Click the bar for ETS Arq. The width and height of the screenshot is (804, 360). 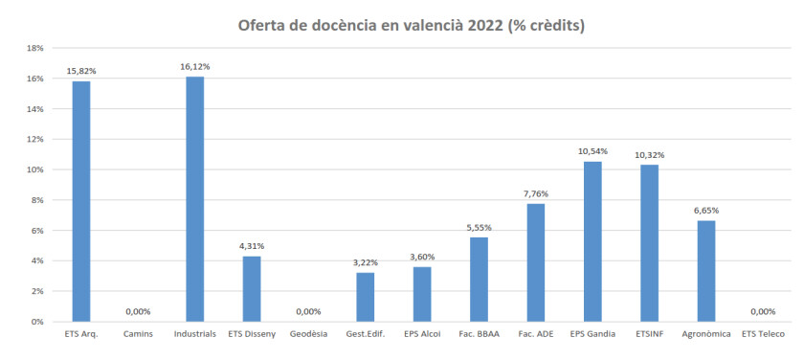coord(81,201)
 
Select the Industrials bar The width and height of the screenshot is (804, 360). coord(195,199)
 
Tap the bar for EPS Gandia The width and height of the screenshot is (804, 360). coord(592,241)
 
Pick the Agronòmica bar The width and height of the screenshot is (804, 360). coord(706,271)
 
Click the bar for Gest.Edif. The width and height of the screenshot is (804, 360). coord(365,297)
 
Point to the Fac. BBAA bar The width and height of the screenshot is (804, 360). coord(479,280)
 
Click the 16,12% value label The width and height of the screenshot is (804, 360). coord(195,67)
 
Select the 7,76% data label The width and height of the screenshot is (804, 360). coord(536,193)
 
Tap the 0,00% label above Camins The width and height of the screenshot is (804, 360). coord(138,311)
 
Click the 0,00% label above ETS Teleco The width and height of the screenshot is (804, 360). coord(763,311)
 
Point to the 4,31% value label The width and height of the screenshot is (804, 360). coord(252,246)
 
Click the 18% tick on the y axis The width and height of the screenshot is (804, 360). coord(38,48)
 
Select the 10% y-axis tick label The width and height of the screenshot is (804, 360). coord(38,169)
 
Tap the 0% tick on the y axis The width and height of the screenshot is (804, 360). coord(40,322)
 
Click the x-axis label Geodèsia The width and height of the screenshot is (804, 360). coord(308,335)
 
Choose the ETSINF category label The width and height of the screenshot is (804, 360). coord(650,335)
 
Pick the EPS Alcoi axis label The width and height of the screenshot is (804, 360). coord(422,335)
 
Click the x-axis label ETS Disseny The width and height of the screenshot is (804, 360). coord(252,335)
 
